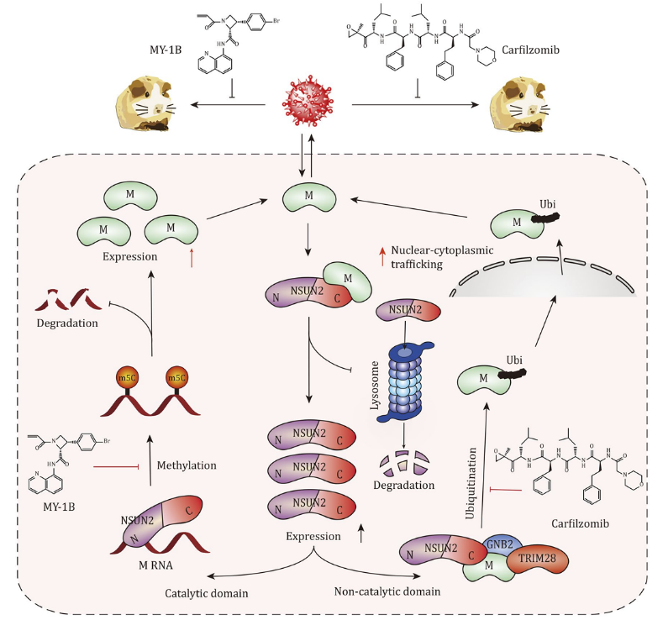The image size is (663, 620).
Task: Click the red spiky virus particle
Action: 308,102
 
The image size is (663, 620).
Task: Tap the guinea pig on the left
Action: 145,104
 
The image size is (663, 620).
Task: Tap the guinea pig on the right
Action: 519,104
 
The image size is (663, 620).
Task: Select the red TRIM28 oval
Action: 537,559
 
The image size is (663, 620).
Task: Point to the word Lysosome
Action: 375,386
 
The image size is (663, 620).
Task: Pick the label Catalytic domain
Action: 207,593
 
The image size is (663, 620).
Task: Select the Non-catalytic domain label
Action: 387,591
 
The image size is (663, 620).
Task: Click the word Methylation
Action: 187,465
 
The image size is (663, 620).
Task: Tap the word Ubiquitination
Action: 471,483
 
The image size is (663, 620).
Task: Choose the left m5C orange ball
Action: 127,378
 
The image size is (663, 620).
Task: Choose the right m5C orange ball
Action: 176,378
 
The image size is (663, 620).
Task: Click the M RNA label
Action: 155,565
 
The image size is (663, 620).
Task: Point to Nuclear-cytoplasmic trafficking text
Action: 442,257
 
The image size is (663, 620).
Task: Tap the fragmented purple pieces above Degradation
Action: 404,462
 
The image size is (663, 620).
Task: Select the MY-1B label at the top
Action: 166,50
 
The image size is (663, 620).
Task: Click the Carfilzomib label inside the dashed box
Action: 580,523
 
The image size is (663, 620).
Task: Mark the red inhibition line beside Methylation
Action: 116,466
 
